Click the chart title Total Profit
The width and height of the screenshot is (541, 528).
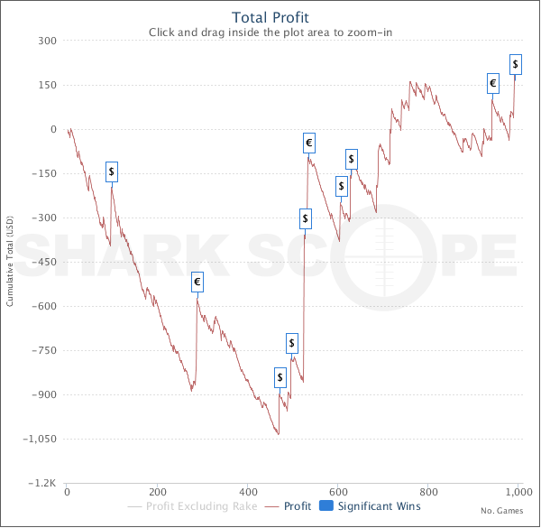[270, 17]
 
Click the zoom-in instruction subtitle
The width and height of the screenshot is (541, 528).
[270, 32]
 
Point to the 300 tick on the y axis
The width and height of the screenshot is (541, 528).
[47, 41]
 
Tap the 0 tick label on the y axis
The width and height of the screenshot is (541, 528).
[53, 129]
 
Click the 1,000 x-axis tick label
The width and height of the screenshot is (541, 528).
[518, 493]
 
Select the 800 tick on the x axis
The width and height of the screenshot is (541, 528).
[427, 493]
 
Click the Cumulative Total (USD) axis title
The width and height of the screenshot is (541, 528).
[10, 262]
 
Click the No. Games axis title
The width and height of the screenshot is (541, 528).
[500, 512]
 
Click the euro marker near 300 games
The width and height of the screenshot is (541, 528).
[197, 283]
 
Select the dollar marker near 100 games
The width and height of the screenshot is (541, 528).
[112, 171]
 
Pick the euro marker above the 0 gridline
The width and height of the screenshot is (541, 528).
[492, 83]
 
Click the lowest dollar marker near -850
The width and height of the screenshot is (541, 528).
[280, 376]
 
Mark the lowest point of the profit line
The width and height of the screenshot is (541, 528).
[279, 435]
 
